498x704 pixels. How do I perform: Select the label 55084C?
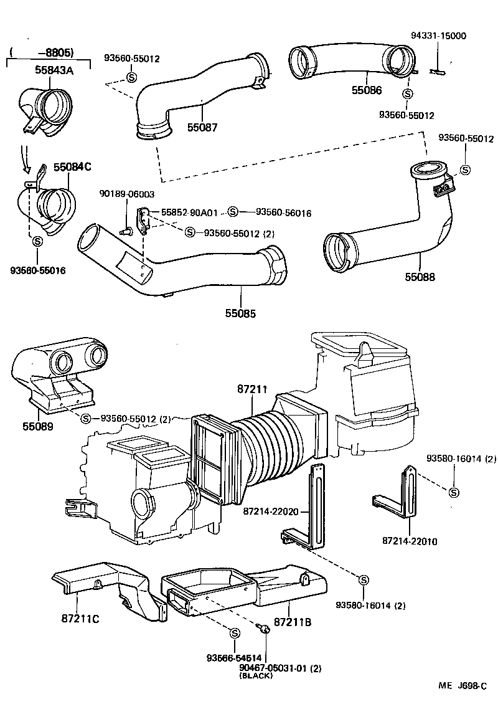[x=72, y=167]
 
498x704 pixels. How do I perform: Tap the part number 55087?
[x=202, y=127]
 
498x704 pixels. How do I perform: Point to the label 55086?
[x=367, y=90]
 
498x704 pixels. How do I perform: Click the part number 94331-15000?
[x=438, y=36]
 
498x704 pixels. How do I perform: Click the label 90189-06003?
[x=126, y=194]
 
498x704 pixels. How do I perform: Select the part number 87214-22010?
[x=410, y=541]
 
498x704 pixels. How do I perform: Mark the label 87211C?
[x=80, y=619]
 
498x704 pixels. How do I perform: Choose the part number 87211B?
[x=293, y=621]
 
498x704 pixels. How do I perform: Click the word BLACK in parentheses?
[x=255, y=676]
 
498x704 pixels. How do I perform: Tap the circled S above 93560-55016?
[x=37, y=241]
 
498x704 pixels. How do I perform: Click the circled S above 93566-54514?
[x=235, y=633]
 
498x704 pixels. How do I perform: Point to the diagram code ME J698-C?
[x=463, y=685]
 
